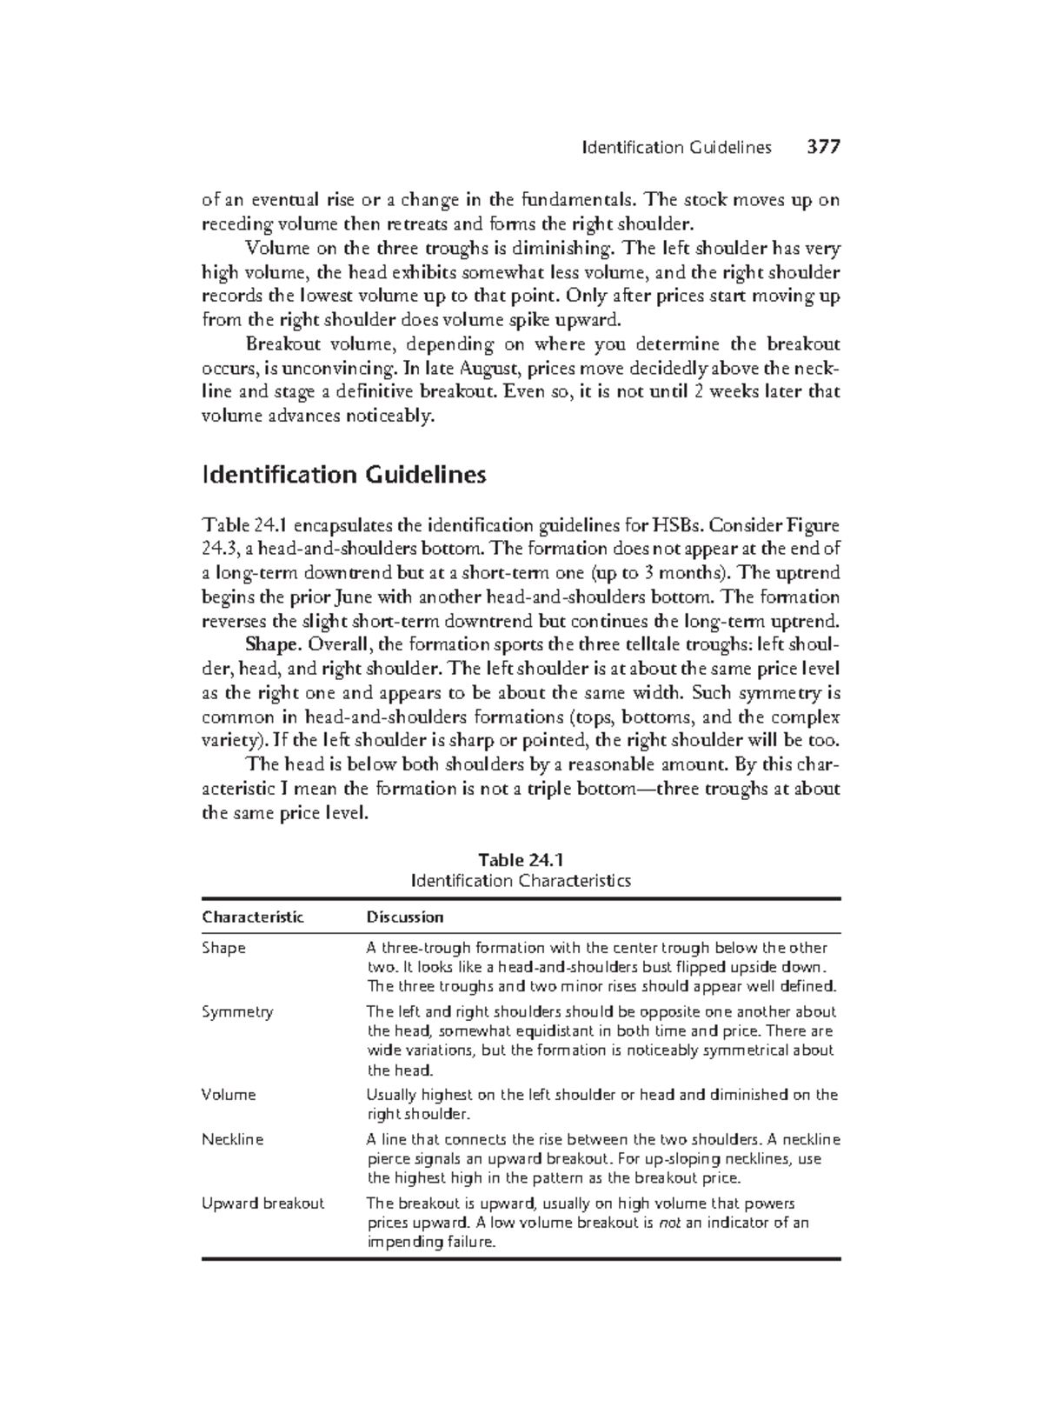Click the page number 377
click(x=822, y=147)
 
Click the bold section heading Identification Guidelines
click(x=343, y=476)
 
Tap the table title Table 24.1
click(x=521, y=860)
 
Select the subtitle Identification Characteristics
click(x=521, y=881)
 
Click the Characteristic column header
click(x=253, y=917)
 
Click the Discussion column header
click(x=405, y=917)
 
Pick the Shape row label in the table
click(x=224, y=948)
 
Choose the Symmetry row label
click(x=237, y=1011)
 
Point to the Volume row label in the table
click(x=229, y=1095)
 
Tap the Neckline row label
click(x=232, y=1139)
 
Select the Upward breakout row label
click(x=262, y=1204)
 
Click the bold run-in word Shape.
click(x=272, y=645)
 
